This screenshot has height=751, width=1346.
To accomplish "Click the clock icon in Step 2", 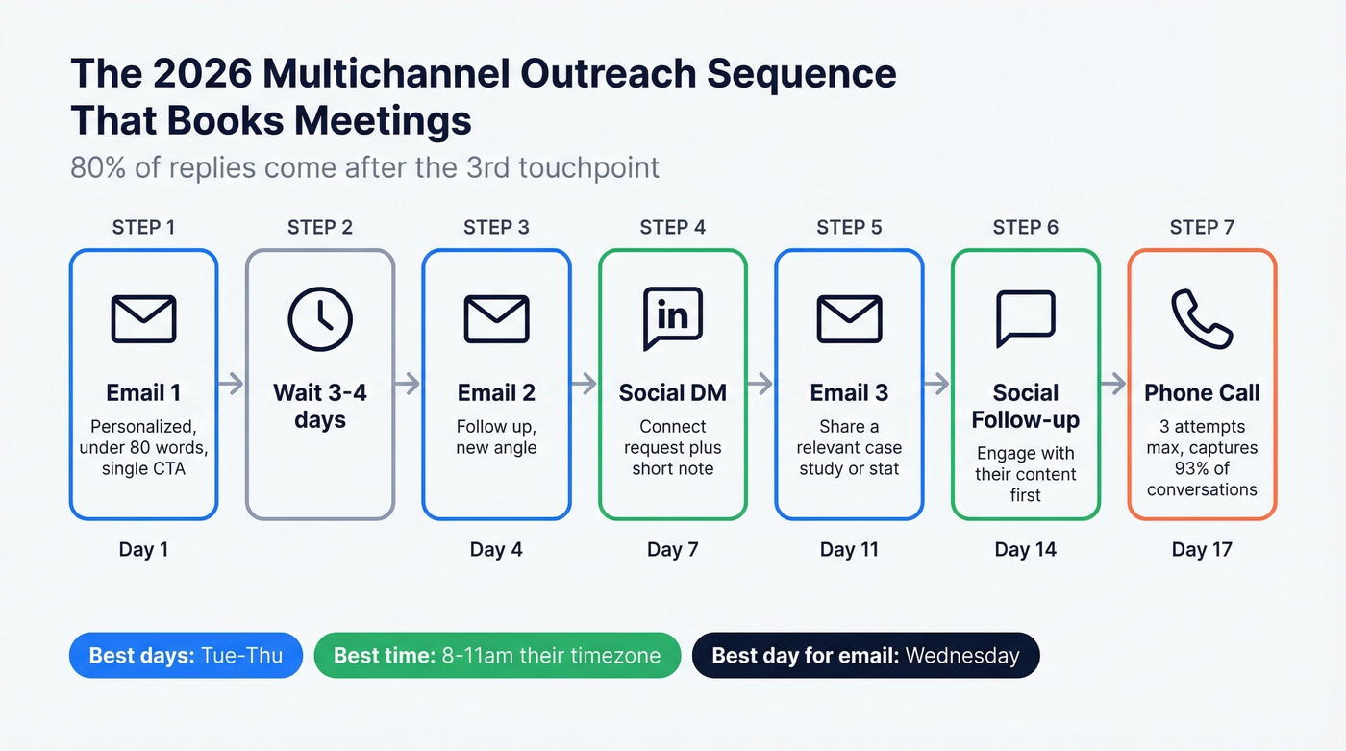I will tap(320, 318).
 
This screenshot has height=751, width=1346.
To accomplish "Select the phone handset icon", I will tap(1202, 318).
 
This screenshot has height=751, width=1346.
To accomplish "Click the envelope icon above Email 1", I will tap(143, 318).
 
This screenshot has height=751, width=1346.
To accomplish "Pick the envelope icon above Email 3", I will tap(849, 318).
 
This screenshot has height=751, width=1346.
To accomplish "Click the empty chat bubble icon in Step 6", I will tap(1025, 318).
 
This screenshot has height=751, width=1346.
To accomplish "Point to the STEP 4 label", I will tap(672, 228).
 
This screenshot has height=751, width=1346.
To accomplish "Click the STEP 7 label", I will tap(1202, 228).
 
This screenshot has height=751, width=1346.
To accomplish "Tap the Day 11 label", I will tap(849, 550).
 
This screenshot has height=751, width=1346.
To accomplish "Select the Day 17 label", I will tap(1202, 550).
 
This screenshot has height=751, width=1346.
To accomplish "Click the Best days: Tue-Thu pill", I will tap(186, 656).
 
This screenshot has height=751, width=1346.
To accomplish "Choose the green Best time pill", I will tap(497, 656).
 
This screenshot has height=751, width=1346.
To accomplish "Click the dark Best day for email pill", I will tap(865, 656).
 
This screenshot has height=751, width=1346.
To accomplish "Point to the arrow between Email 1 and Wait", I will tap(231, 384).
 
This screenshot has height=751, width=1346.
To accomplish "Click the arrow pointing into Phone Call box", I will tap(1113, 384).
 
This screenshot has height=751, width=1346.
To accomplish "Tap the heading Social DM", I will tap(672, 393).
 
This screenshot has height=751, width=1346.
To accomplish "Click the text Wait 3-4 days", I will tap(320, 407).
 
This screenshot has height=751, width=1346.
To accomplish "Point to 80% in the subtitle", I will tap(96, 167).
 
